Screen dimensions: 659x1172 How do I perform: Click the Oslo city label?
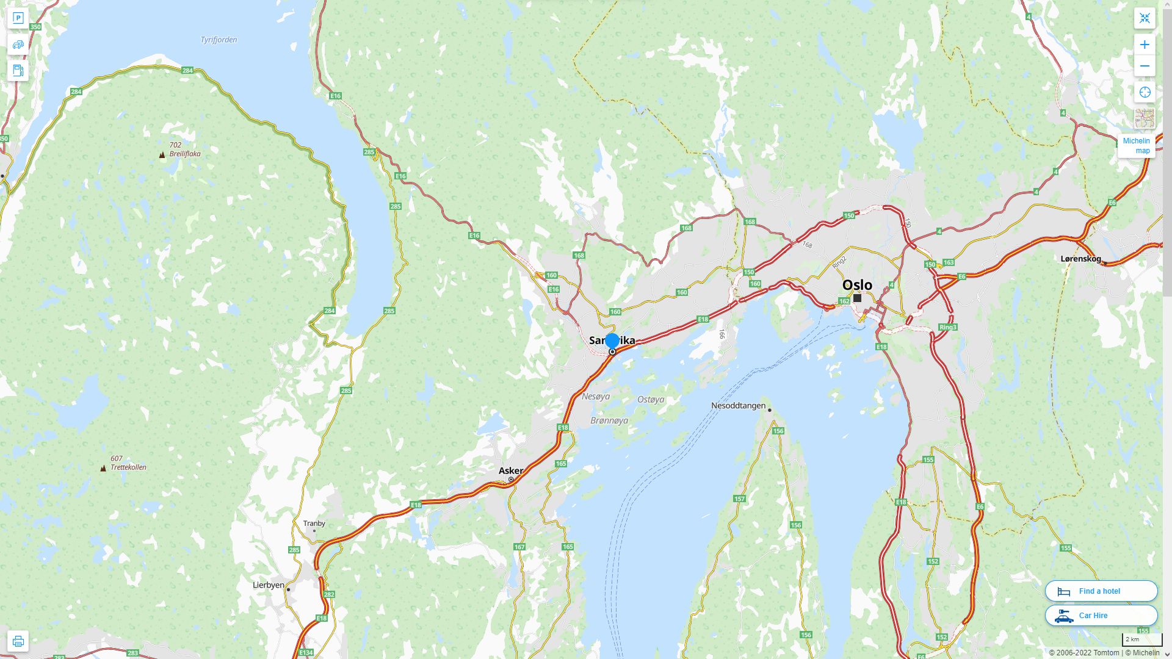(x=857, y=285)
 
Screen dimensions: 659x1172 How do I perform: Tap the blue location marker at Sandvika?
(x=612, y=341)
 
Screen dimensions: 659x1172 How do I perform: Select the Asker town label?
(x=510, y=470)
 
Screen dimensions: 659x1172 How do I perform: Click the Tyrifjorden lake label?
(x=219, y=40)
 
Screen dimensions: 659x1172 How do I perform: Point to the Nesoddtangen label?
(x=738, y=406)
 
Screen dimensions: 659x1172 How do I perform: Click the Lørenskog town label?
(x=1080, y=259)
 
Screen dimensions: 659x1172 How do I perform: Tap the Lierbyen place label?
(x=269, y=585)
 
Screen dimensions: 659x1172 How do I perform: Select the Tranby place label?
(x=314, y=524)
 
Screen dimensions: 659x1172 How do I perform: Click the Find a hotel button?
(x=1101, y=591)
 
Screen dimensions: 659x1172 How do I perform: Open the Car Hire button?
(x=1101, y=615)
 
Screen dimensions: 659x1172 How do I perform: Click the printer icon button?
(x=18, y=641)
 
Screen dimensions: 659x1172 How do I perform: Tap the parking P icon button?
(x=18, y=18)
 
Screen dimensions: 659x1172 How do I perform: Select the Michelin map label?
(x=1136, y=146)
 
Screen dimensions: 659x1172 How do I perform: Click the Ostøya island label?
(x=650, y=400)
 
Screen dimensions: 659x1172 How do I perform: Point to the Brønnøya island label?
(x=609, y=421)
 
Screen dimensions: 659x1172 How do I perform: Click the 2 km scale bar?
(x=1141, y=640)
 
